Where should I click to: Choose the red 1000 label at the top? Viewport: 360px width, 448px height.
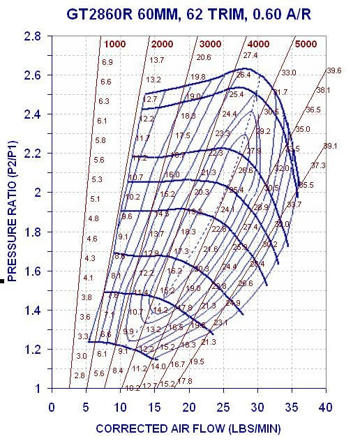coord(114,44)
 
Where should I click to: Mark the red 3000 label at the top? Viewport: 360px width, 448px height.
coord(211,44)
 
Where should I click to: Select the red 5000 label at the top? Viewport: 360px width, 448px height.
coord(306,44)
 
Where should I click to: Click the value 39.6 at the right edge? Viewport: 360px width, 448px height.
coord(333,70)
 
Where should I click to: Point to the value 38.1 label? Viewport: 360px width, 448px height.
coord(323,90)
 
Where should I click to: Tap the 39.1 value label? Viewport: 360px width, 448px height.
coord(329,146)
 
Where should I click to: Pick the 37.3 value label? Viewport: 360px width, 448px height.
coord(317,165)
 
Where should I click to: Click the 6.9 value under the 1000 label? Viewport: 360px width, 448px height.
coord(107,62)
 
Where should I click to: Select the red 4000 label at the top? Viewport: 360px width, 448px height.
coord(258,44)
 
